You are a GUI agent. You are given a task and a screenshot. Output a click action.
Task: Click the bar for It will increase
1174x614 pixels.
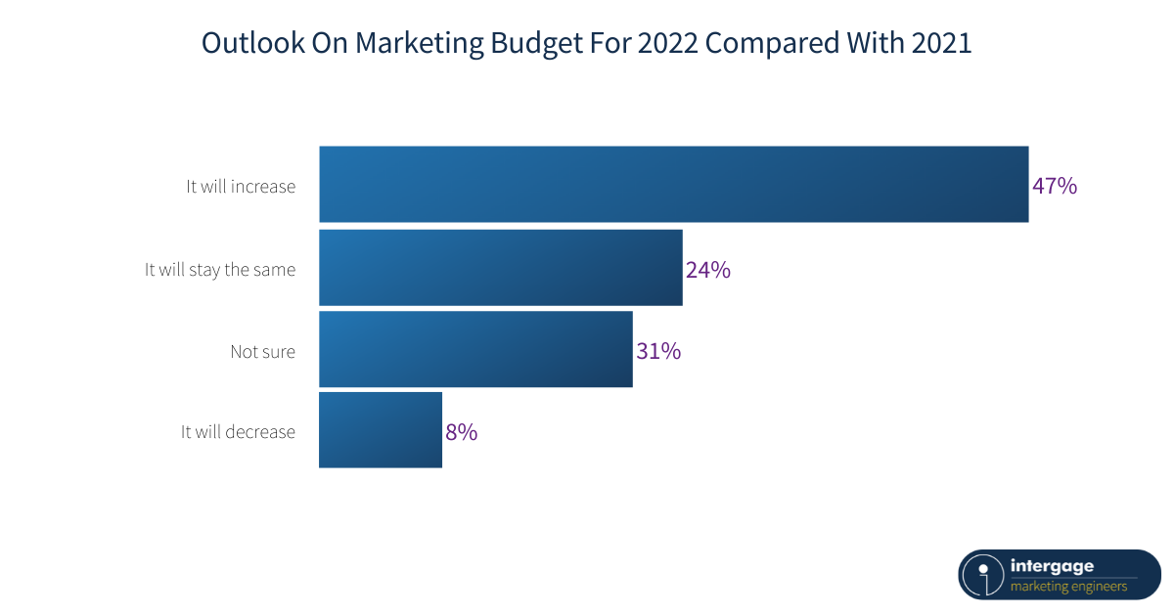pyautogui.click(x=673, y=185)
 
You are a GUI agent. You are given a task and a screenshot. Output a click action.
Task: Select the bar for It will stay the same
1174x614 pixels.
pyautogui.click(x=500, y=268)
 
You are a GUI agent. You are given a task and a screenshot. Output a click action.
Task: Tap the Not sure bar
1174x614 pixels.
pyautogui.click(x=475, y=349)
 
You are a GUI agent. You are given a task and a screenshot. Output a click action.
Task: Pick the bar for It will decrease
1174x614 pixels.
pyautogui.click(x=381, y=430)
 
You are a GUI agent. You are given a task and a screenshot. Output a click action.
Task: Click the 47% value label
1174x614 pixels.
pyautogui.click(x=1055, y=186)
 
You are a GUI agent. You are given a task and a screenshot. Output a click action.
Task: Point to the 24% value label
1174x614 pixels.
pyautogui.click(x=708, y=270)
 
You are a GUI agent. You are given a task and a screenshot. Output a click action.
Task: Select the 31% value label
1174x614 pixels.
pyautogui.click(x=658, y=351)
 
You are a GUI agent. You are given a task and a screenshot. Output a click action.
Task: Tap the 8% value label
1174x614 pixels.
pyautogui.click(x=462, y=432)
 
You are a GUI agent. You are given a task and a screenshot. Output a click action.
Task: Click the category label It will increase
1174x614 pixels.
pyautogui.click(x=241, y=186)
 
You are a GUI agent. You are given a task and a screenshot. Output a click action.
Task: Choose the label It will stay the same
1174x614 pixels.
pyautogui.click(x=220, y=270)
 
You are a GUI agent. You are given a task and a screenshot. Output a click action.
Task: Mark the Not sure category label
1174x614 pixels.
pyautogui.click(x=262, y=351)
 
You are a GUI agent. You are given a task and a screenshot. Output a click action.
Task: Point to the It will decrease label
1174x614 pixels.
pyautogui.click(x=238, y=432)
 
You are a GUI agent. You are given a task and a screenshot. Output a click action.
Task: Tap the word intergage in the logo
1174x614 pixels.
pyautogui.click(x=1053, y=566)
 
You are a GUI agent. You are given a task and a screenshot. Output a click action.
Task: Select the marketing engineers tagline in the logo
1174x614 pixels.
pyautogui.click(x=1068, y=587)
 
